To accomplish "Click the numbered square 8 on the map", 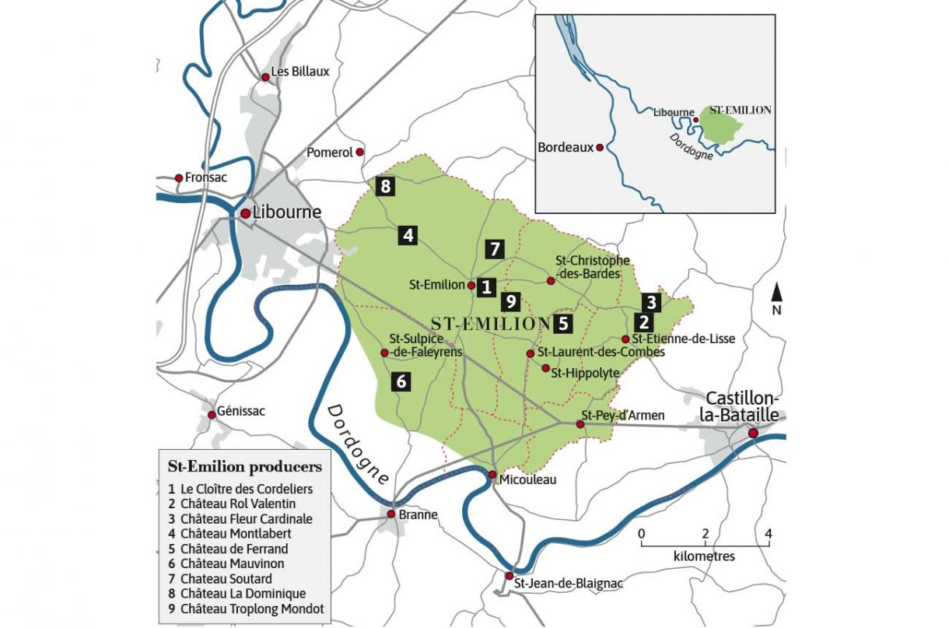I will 384,185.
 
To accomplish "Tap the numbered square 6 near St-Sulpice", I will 401,381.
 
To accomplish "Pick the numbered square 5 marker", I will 563,321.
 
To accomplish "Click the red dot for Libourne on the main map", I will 245,212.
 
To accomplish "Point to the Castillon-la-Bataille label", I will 740,406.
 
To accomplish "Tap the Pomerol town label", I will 330,153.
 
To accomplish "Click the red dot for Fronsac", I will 179,177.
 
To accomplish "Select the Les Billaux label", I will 300,72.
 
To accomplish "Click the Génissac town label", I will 241,410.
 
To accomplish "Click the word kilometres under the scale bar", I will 703,556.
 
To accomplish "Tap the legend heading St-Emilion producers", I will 244,467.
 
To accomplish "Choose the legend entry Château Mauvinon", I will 232,563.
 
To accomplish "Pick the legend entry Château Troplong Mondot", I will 251,609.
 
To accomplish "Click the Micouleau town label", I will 528,480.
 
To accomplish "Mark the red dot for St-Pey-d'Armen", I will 580,423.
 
